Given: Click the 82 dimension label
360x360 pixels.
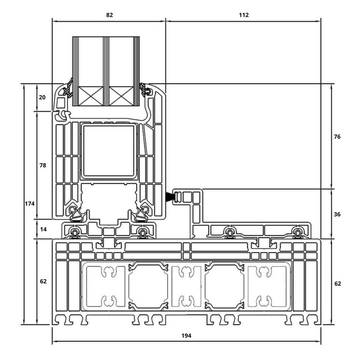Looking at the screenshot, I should tap(109, 15).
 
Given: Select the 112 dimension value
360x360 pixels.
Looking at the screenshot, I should tap(244, 15).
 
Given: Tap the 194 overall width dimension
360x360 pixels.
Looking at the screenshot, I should tap(186, 336).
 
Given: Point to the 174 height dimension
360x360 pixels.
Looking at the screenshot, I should tap(30, 203).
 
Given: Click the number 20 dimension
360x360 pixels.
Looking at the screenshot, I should tap(42, 97).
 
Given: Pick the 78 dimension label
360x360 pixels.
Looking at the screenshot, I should tap(42, 165).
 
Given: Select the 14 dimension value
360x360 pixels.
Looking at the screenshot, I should tap(43, 229).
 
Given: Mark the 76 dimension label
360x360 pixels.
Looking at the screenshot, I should tap(337, 137).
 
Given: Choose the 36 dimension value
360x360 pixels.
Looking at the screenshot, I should tap(337, 214).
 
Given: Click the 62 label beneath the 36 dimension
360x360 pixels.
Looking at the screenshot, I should tap(337, 284).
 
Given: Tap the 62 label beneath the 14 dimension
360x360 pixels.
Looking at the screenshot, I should tap(43, 281).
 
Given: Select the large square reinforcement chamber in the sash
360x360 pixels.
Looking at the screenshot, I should tap(108, 151).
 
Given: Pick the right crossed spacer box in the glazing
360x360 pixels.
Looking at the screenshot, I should tap(121, 96).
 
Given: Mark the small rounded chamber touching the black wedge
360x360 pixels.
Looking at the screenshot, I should tap(178, 197).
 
